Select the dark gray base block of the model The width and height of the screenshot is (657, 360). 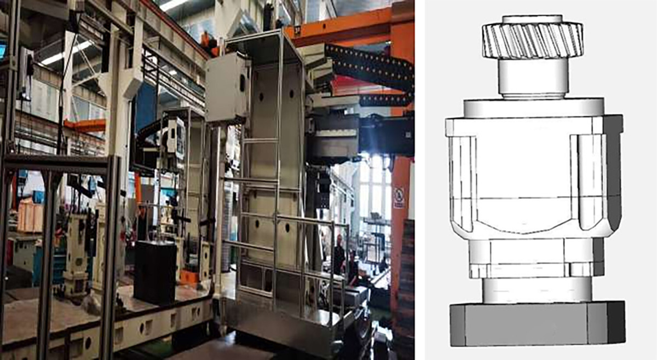pyautogui.click(x=537, y=323)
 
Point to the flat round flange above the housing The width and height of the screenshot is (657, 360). pyautogui.click(x=533, y=107)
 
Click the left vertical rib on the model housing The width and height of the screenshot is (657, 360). pyautogui.click(x=463, y=181)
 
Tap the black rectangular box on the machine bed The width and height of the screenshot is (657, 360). pyautogui.click(x=155, y=271)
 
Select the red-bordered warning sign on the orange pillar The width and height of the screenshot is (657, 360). pyautogui.click(x=399, y=197)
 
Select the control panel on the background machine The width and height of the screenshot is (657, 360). pyautogui.click(x=176, y=137)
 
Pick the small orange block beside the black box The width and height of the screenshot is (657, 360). pyautogui.click(x=189, y=277)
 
